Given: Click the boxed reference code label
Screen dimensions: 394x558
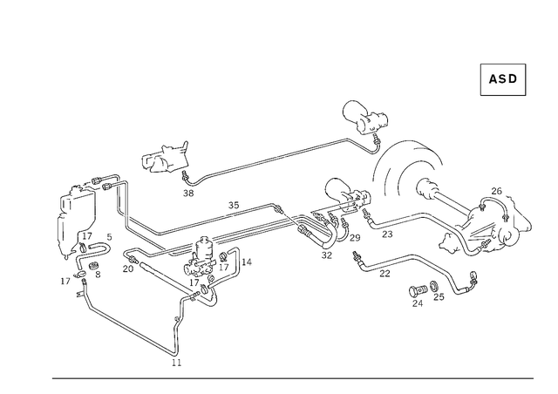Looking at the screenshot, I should click(x=503, y=79).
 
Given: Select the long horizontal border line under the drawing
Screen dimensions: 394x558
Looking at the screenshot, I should click(x=292, y=378).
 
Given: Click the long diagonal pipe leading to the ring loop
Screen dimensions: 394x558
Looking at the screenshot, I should click(x=270, y=160).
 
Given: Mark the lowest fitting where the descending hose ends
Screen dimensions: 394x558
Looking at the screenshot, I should click(x=174, y=357).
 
